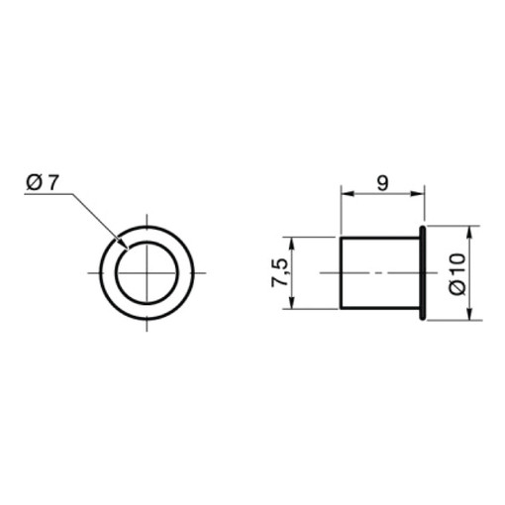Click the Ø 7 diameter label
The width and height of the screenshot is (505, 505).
(43, 182)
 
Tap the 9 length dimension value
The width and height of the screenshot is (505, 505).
(382, 183)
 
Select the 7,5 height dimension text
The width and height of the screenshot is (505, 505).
(279, 272)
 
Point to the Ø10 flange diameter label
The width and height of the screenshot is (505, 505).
(456, 273)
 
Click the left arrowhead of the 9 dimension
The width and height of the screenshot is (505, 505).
(348, 194)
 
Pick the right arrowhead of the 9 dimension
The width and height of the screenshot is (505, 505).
(417, 194)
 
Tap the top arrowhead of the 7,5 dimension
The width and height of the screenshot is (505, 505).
(291, 244)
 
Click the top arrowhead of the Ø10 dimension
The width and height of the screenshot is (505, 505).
(470, 233)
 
